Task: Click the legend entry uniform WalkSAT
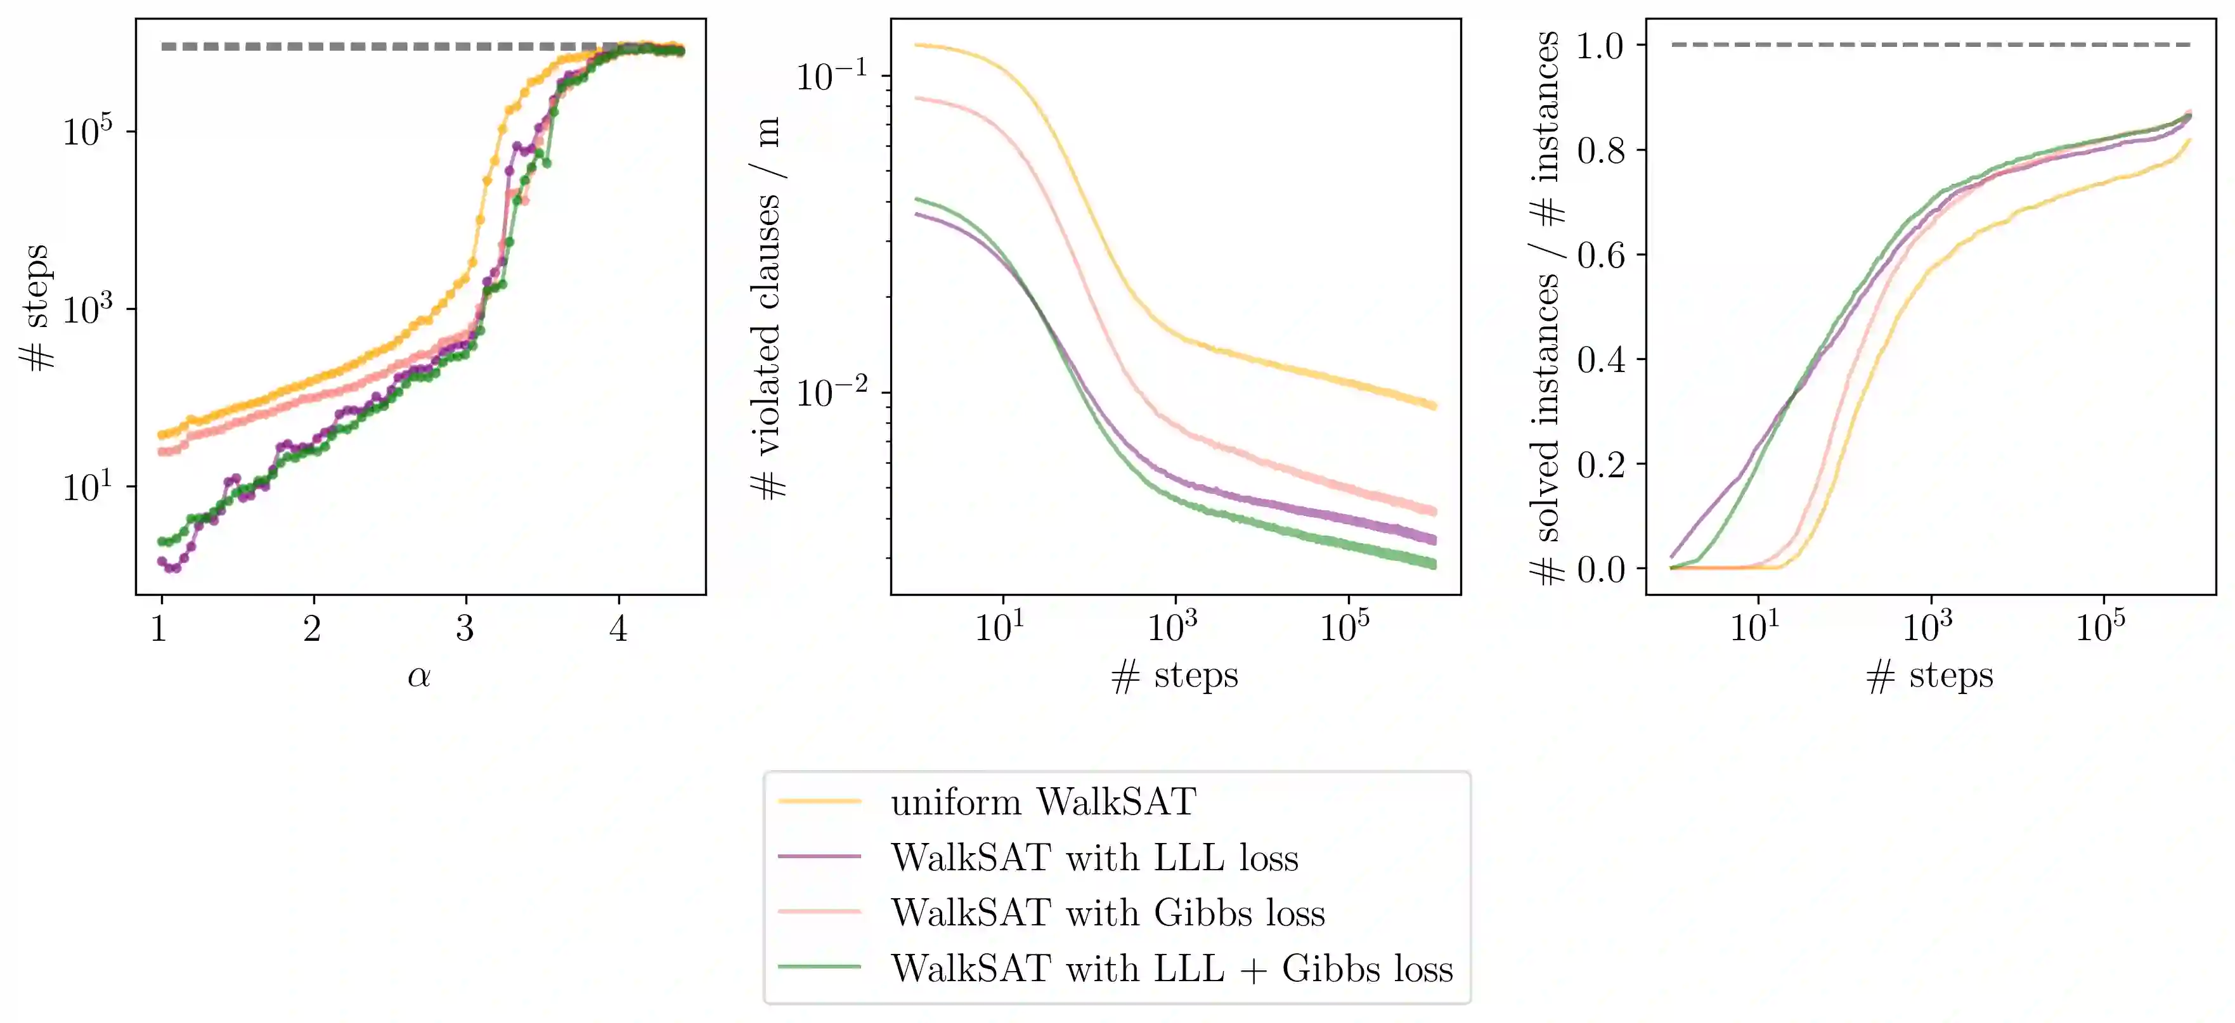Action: [x=1043, y=802]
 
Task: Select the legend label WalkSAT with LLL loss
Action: [x=1094, y=858]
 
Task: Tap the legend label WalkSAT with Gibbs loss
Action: [x=1107, y=913]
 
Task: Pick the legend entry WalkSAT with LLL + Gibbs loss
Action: [x=1171, y=968]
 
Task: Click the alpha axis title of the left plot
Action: [x=419, y=676]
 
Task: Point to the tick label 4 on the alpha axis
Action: [x=618, y=628]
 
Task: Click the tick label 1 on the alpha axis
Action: [x=159, y=628]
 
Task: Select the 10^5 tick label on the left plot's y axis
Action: [x=87, y=131]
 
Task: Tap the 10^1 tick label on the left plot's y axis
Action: [x=87, y=487]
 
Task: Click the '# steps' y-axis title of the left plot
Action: [x=36, y=308]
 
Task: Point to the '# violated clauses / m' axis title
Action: [x=768, y=308]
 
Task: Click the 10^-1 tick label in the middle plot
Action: [x=831, y=76]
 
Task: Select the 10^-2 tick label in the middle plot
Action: [x=831, y=393]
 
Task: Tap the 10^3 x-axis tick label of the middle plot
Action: [x=1172, y=626]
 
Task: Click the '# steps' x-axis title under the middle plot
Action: [x=1175, y=676]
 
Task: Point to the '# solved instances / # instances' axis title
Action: [x=1545, y=308]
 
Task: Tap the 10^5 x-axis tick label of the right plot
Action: [x=2101, y=626]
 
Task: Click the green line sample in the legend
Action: [x=819, y=967]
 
